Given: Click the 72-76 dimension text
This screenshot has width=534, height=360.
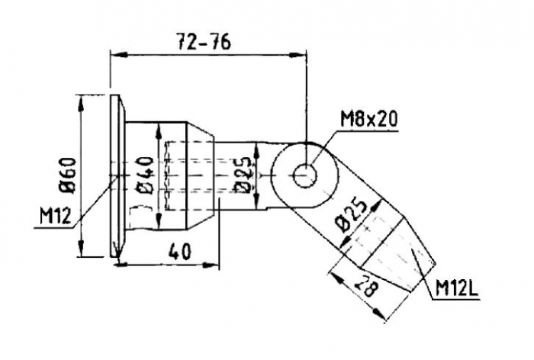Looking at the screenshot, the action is point(204,42).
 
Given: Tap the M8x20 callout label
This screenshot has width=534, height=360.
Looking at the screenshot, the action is point(368,119).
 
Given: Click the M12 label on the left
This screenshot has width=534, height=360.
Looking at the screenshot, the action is point(55,216).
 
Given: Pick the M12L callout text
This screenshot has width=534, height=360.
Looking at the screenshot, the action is point(457,290).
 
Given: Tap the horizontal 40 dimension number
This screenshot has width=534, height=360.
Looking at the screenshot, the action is point(179,252).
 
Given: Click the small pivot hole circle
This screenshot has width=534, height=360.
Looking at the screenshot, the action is point(305,175).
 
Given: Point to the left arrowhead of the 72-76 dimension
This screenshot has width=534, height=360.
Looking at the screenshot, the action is point(117,54).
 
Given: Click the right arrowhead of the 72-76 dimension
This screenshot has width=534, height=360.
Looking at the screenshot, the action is point(298,54).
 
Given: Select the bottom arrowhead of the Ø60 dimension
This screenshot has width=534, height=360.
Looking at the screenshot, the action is point(81,248).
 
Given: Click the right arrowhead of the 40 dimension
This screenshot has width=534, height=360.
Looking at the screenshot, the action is point(210,265).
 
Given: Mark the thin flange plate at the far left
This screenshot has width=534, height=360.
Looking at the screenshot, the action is point(114,175).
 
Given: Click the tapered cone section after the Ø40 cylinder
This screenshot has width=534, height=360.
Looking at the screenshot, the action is point(200,175).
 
